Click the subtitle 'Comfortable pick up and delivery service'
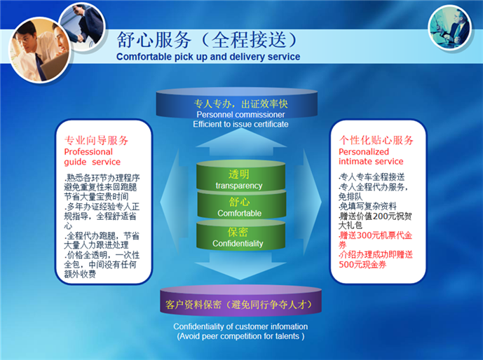(x=208, y=57)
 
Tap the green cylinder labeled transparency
(x=239, y=179)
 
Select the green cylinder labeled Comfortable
(x=239, y=207)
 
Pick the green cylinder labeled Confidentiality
(x=239, y=237)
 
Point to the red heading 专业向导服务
(x=96, y=140)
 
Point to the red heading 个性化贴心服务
(x=376, y=140)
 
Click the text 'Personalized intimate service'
(x=371, y=156)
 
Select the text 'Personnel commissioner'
(x=240, y=115)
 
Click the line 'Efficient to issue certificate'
(x=240, y=125)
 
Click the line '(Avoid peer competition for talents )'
(x=240, y=336)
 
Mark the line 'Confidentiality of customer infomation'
(x=240, y=326)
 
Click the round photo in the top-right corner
(x=450, y=26)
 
